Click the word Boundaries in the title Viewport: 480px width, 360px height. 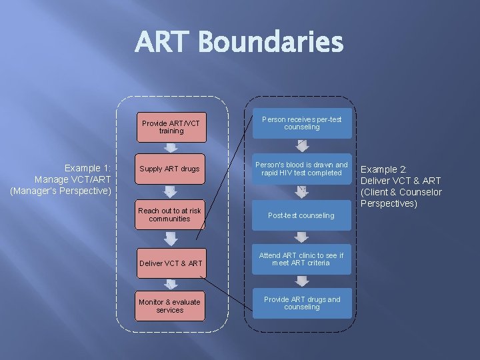271,43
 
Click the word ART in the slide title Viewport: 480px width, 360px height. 163,43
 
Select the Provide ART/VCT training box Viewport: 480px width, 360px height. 171,127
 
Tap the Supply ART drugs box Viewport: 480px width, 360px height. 171,169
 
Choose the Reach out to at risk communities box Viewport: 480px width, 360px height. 171,214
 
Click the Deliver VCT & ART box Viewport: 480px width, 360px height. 171,263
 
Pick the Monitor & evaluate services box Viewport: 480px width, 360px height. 171,306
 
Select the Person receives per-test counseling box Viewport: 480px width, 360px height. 301,123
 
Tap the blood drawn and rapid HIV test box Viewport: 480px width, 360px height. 301,169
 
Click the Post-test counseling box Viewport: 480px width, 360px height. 301,215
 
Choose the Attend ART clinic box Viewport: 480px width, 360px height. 301,259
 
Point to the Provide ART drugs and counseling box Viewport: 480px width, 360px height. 301,303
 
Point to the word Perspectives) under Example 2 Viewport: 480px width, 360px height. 389,203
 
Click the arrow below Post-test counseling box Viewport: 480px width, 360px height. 301,237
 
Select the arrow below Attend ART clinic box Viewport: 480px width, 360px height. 301,281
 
